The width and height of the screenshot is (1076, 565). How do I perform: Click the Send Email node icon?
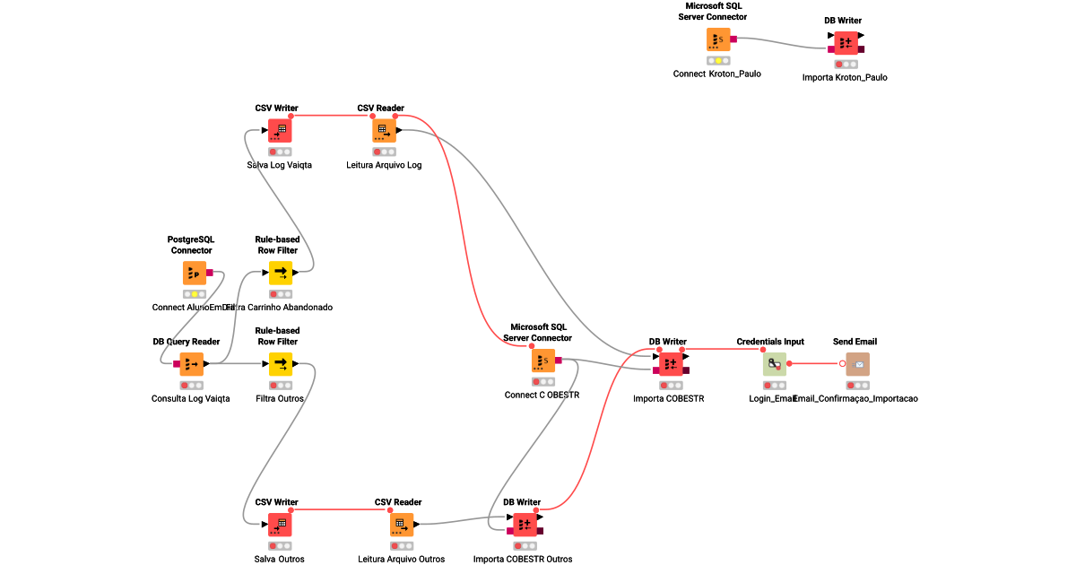point(857,363)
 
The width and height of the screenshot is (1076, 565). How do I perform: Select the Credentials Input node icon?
point(775,363)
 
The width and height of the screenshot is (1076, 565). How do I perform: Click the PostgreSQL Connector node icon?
point(195,273)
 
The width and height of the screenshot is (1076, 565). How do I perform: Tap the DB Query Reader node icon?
point(191,363)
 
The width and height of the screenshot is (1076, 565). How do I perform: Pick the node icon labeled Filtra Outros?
point(281,363)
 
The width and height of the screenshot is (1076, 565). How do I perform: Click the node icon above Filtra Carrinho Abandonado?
point(281,273)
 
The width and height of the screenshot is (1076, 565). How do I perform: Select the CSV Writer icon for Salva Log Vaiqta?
point(280,130)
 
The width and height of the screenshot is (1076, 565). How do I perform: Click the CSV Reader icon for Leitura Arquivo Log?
point(384,130)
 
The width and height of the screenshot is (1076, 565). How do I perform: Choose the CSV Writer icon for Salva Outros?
point(280,524)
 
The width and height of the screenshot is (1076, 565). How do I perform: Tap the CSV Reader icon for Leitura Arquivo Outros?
point(402,524)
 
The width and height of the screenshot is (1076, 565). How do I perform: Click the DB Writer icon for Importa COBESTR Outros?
point(525,524)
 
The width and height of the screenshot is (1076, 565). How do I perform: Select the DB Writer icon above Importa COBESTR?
point(672,363)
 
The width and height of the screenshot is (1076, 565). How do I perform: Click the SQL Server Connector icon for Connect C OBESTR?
point(542,361)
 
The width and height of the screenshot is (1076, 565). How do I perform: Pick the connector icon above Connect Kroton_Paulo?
point(717,39)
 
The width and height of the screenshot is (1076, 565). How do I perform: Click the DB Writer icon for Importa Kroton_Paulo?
point(845,43)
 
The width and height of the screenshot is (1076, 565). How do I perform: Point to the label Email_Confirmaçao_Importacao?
point(855,398)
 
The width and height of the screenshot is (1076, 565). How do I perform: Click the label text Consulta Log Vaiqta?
point(191,398)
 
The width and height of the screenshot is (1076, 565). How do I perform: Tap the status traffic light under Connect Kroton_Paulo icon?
point(717,61)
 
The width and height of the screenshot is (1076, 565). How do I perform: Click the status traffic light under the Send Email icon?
point(857,385)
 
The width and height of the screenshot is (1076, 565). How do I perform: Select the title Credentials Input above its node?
point(770,342)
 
